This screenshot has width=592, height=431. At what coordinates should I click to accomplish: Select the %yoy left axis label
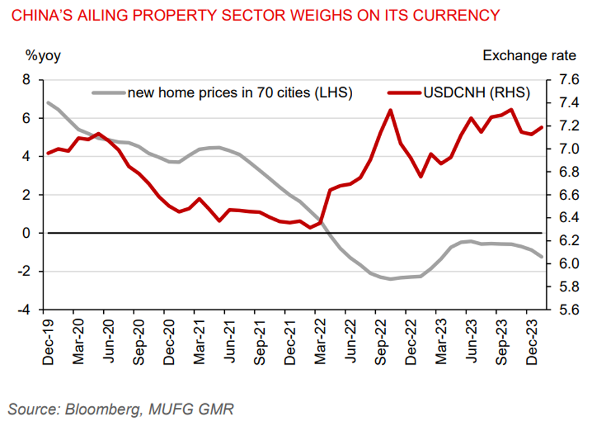pyautogui.click(x=42, y=56)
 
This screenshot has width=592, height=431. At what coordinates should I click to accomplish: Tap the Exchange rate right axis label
pyautogui.click(x=529, y=56)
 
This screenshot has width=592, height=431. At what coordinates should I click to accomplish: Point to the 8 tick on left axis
pyautogui.click(x=26, y=80)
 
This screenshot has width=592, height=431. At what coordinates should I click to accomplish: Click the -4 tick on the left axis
pyautogui.click(x=24, y=310)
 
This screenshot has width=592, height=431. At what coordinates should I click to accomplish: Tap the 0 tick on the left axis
pyautogui.click(x=26, y=233)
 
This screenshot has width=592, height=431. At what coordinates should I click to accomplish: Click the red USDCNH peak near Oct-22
pyautogui.click(x=390, y=110)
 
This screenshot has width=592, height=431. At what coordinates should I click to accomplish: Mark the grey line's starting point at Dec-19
pyautogui.click(x=47, y=103)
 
